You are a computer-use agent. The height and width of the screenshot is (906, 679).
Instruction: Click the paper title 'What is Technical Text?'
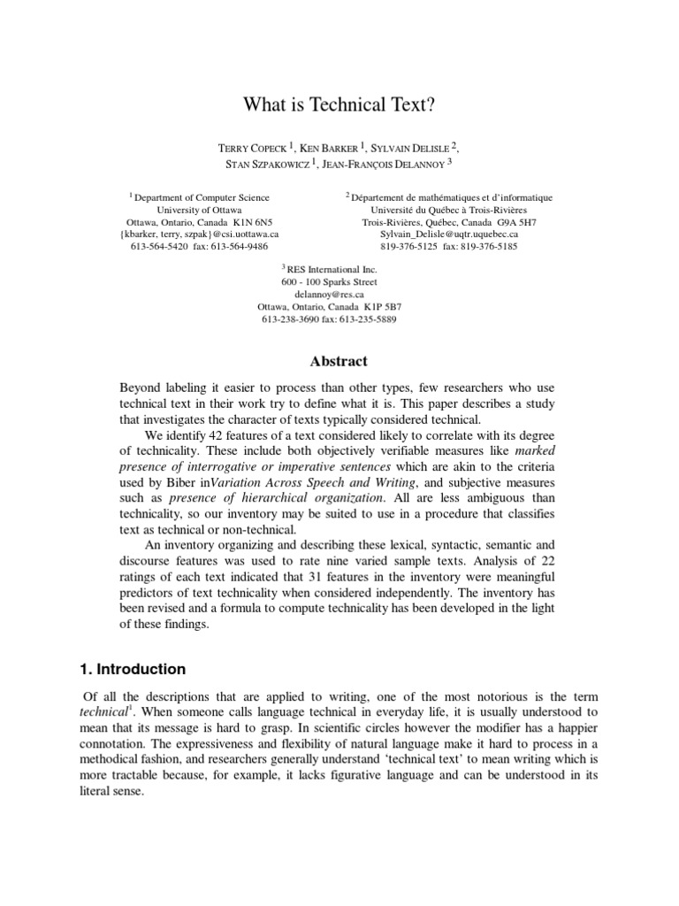339,105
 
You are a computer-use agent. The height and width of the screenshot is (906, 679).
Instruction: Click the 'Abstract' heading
339,361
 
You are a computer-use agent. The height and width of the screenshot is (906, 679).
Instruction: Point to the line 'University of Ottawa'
199,210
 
